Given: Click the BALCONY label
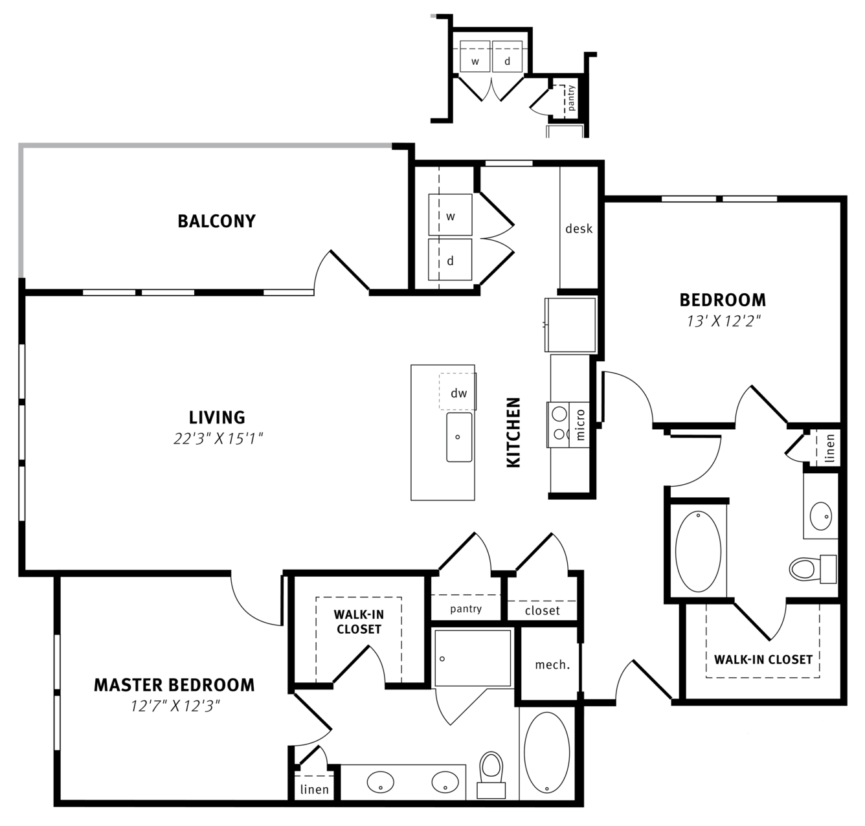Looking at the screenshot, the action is tap(216, 221).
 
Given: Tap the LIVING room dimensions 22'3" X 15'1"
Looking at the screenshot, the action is tap(218, 439).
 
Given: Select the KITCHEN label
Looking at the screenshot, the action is tap(513, 432).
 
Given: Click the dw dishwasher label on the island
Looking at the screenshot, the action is tap(459, 393).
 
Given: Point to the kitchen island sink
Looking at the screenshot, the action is tap(459, 437).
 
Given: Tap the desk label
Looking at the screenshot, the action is tap(579, 229).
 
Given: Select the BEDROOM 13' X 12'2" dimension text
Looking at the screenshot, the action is tap(724, 321).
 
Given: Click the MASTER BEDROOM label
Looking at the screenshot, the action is tap(174, 685).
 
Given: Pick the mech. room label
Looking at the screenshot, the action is tap(552, 665).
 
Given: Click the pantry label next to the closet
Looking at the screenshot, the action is tap(466, 608).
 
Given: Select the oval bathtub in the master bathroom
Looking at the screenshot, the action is tap(546, 752).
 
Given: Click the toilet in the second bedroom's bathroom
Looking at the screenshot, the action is tap(813, 569).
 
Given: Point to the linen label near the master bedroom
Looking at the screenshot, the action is tap(314, 790).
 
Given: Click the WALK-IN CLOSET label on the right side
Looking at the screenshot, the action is tap(763, 660).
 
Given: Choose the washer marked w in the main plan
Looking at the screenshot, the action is tap(450, 215).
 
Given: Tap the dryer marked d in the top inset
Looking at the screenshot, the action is tap(507, 56).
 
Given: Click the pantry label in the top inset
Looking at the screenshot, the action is tap(571, 98).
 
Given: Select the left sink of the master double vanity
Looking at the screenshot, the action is tap(381, 782).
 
